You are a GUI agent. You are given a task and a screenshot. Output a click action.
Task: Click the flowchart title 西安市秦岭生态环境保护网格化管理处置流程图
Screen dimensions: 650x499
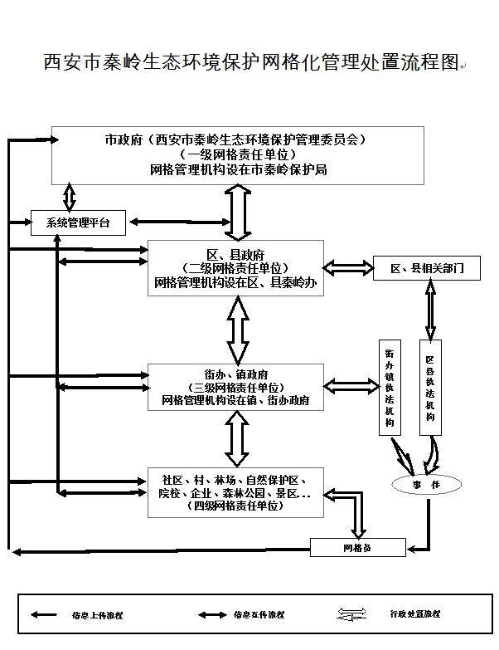[x=250, y=63]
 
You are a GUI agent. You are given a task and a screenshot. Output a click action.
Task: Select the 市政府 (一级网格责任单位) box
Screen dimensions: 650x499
[x=237, y=155]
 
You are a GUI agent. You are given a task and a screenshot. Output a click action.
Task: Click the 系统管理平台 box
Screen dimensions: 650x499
[x=79, y=222]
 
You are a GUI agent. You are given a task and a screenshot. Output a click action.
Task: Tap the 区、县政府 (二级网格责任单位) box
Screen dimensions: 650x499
[x=235, y=268]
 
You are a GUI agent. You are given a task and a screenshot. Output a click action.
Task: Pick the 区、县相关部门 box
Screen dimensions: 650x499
[x=426, y=267]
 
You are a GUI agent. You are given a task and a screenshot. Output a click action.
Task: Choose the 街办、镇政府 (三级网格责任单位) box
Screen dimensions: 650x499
[x=235, y=387]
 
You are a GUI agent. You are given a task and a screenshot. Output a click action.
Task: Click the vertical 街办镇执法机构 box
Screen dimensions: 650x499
[x=390, y=387]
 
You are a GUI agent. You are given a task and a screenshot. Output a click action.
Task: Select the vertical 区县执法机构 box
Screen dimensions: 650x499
[x=430, y=387]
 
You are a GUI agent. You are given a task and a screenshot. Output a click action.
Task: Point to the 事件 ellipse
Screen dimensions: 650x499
[x=426, y=485]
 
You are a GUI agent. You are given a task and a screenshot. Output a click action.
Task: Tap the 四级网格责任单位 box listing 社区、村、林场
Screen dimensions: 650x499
[x=235, y=492]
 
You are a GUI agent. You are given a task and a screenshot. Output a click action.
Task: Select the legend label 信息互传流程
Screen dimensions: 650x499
[x=259, y=614]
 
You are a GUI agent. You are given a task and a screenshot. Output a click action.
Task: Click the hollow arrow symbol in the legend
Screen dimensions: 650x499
[x=351, y=614]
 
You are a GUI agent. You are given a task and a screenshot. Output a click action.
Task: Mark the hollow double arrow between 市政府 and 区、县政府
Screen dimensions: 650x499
[x=240, y=213]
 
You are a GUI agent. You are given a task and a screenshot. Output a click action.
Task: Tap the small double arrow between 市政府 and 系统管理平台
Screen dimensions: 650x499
[x=70, y=197]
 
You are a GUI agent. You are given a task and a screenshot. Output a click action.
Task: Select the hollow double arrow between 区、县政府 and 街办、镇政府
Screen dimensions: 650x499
[x=238, y=330]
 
